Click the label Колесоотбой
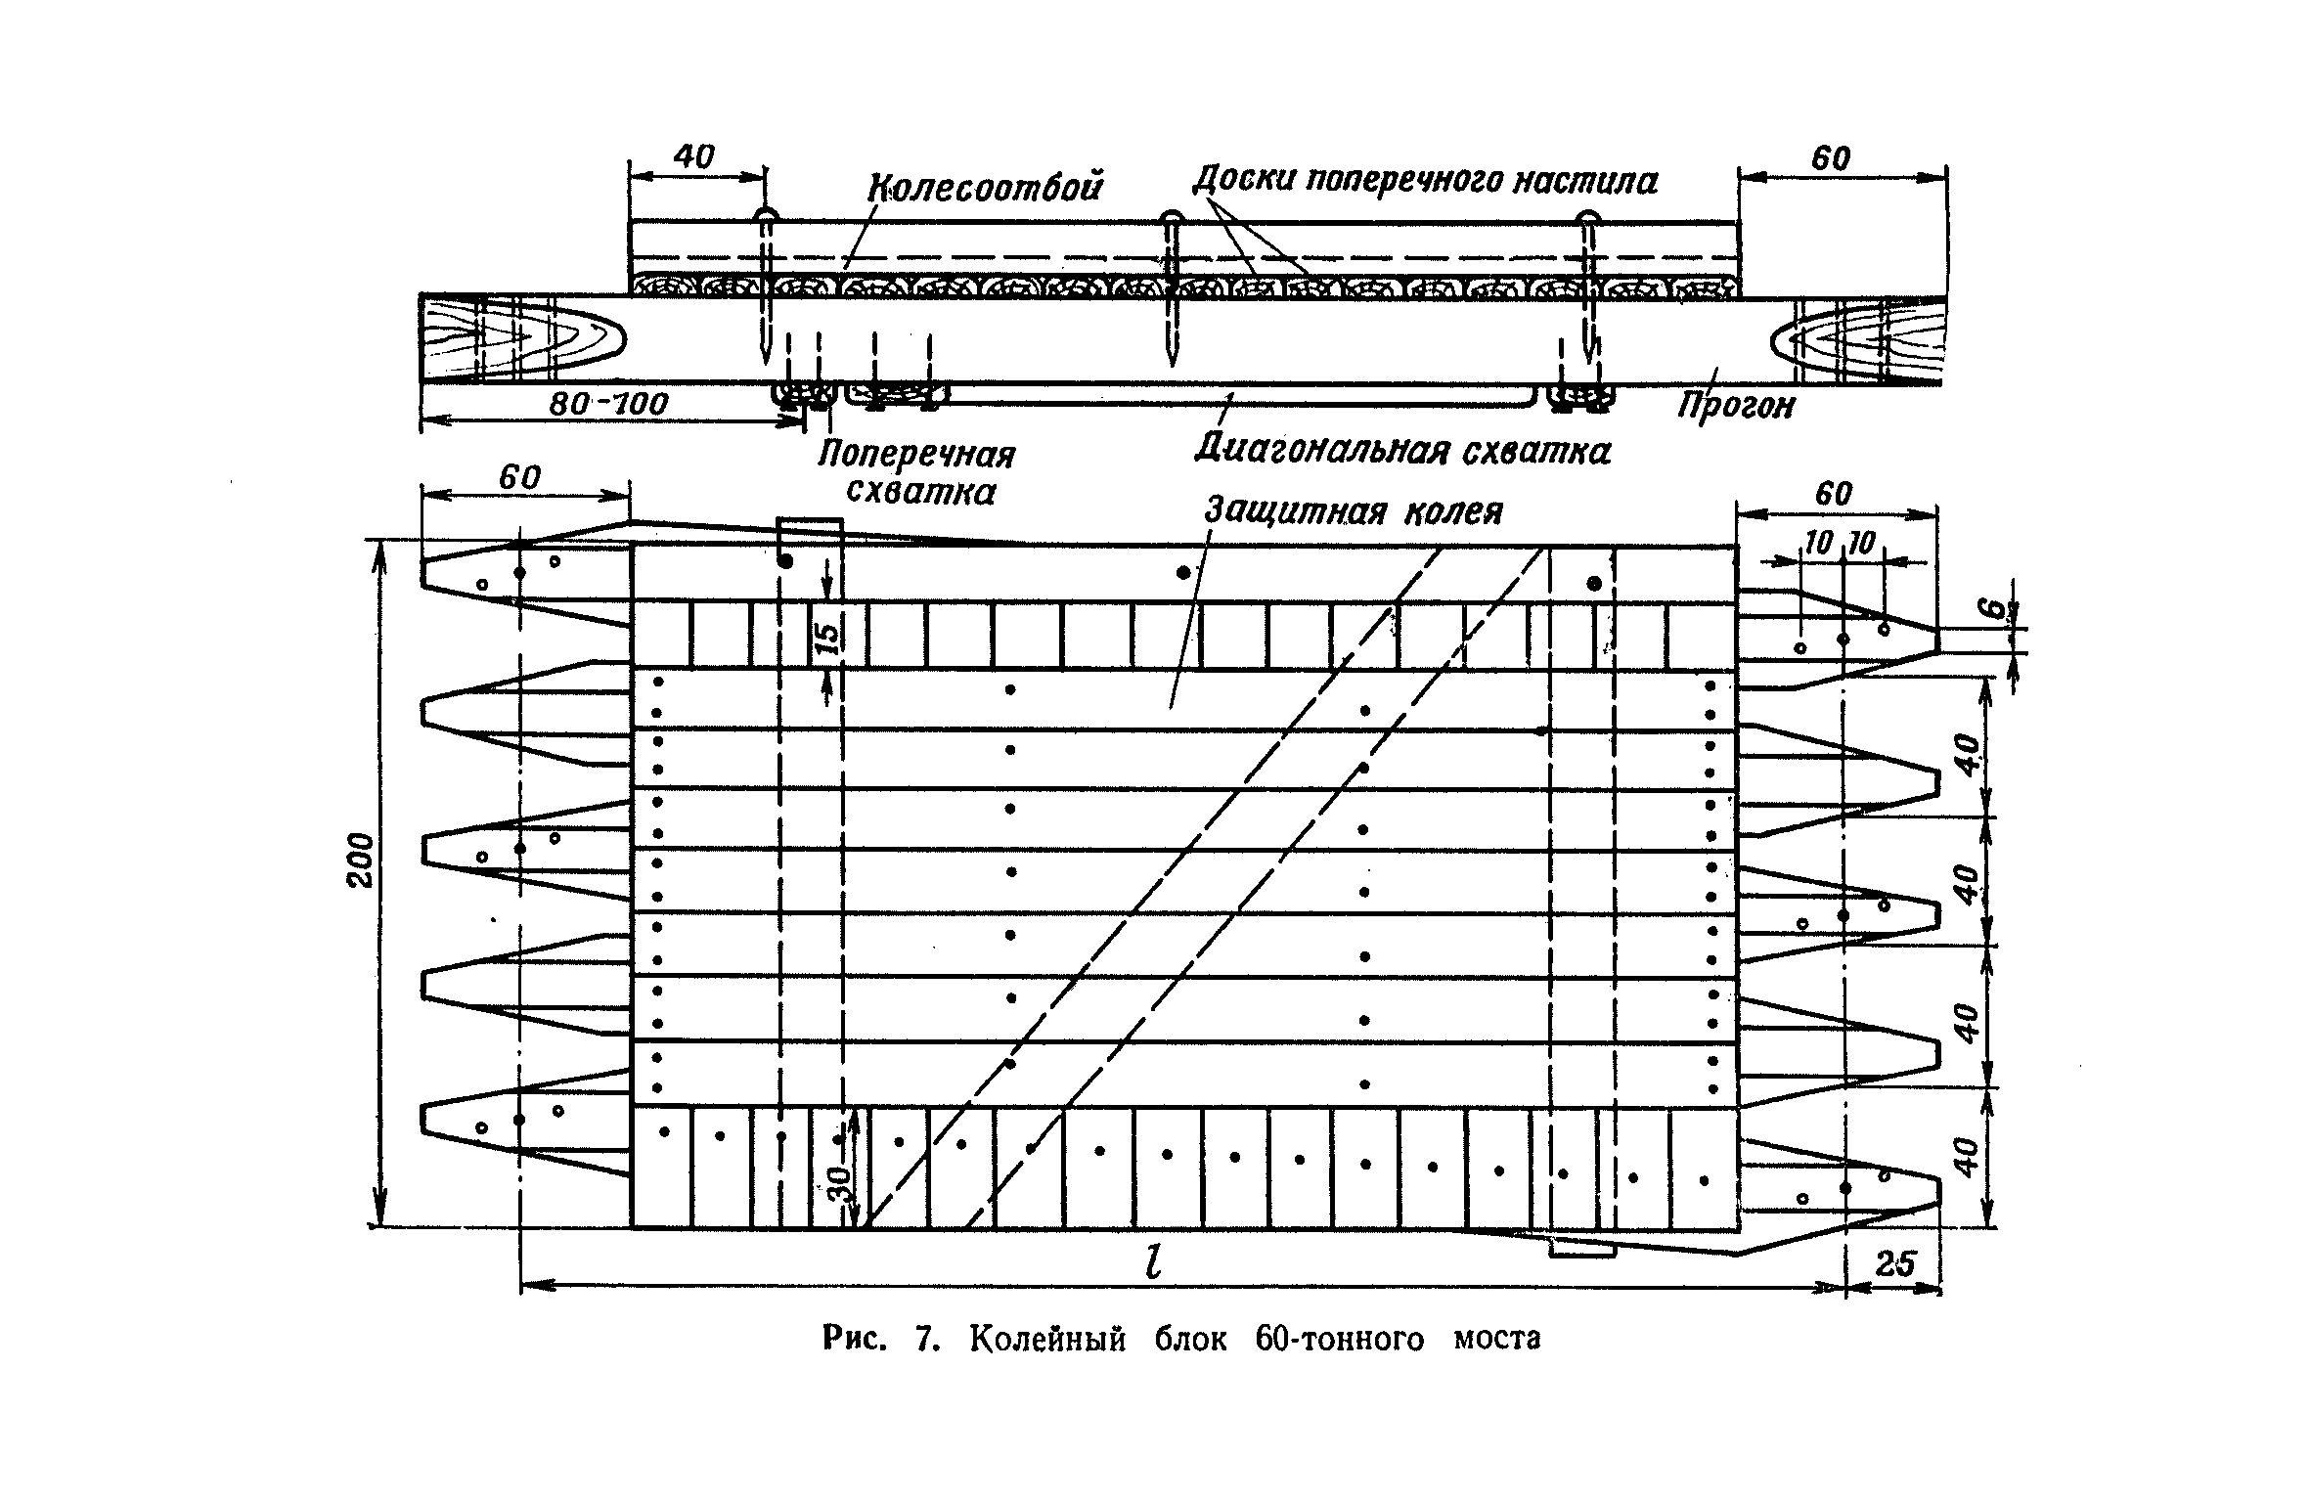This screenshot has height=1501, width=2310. (985, 185)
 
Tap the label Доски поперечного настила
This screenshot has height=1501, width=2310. (1425, 180)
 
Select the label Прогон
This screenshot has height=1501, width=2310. (1737, 404)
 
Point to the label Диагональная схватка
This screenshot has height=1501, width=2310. (1402, 450)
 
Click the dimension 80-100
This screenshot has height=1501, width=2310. (608, 403)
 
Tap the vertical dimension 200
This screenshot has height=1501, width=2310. (361, 860)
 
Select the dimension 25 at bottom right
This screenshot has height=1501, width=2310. (1894, 1264)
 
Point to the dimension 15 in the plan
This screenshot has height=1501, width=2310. (826, 636)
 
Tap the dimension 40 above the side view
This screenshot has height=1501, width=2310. (694, 155)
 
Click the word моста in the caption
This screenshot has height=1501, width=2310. (1496, 1338)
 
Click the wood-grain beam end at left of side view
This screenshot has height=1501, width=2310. (521, 337)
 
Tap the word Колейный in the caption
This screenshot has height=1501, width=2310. (1047, 1338)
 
